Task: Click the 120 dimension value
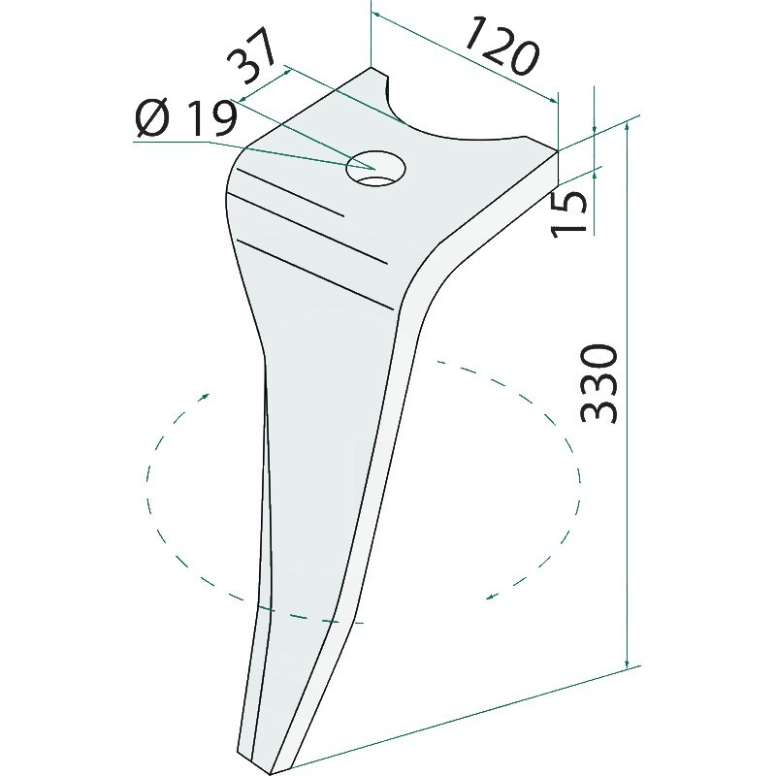[x=501, y=46]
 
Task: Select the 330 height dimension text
[x=598, y=384]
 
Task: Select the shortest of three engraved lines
[x=290, y=192]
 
